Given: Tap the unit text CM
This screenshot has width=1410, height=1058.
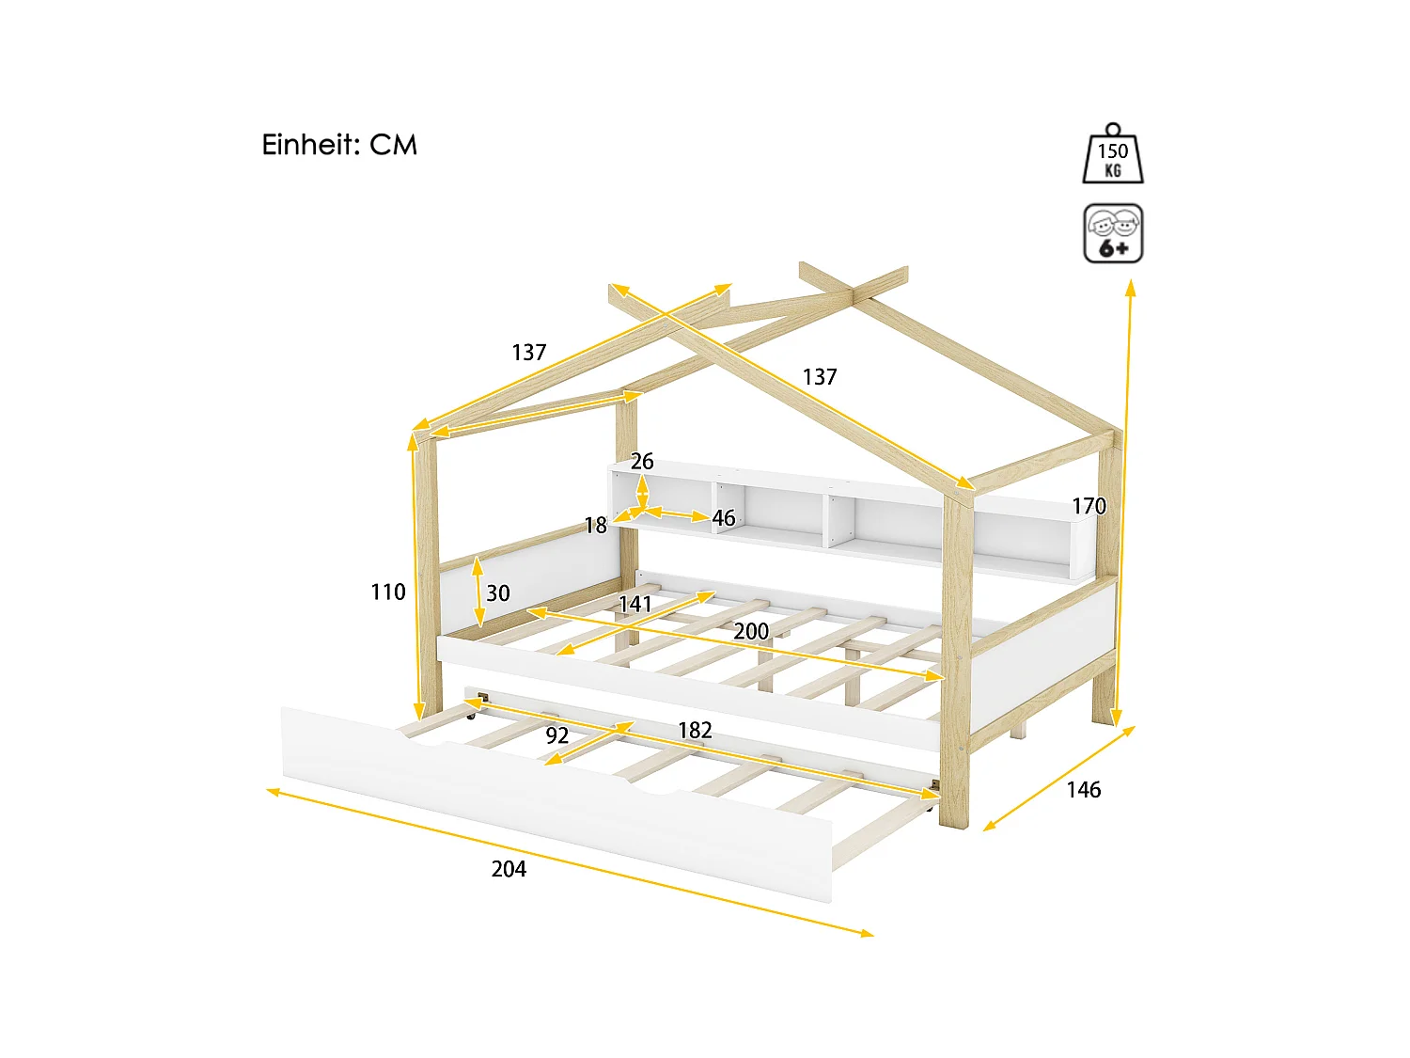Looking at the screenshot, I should coord(393,145).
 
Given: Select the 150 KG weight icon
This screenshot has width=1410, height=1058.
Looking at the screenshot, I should coord(1113,155).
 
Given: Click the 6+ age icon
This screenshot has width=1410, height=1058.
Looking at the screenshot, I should coord(1113,233).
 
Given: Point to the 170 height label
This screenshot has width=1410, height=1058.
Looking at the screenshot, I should coord(1089,506).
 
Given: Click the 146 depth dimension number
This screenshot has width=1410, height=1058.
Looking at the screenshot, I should coord(1083,790).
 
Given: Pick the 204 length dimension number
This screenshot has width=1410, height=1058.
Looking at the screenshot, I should coord(509,869).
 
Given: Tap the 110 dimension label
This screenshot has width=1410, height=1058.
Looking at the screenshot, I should coord(388,592).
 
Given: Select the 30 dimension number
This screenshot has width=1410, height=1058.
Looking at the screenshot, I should coord(497,593).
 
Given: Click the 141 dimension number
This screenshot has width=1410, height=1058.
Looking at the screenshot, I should coord(635,604).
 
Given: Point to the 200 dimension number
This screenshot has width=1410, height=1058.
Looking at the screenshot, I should coord(751,631).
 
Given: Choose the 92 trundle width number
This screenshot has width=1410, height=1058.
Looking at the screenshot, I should coord(557,735).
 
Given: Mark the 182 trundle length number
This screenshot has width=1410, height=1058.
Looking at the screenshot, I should coord(695,730).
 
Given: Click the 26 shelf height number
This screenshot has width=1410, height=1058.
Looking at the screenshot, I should coord(642,461).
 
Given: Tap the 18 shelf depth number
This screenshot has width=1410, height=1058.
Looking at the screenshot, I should coord(596,526).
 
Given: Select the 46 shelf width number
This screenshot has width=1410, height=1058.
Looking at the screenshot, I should coord(723,518).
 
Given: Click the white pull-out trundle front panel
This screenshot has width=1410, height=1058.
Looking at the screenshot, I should coord(555,799).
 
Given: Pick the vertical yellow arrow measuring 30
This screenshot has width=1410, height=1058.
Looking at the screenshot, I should coord(478,592).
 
